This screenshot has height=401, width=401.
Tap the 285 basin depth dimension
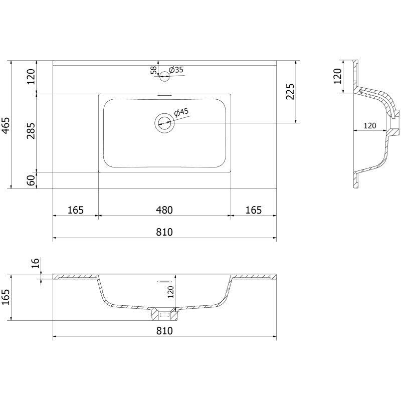coord(31,131)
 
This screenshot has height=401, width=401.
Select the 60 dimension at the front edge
coord(31,180)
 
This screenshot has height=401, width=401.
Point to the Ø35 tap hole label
coord(176,70)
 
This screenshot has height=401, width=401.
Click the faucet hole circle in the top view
coord(164,76)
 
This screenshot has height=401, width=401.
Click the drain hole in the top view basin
coord(164,123)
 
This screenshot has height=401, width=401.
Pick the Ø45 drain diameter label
coord(181,112)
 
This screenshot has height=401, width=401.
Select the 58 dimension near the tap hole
coord(153,70)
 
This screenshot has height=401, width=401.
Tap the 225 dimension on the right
coord(290,92)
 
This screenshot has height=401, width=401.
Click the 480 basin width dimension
coord(164,210)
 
